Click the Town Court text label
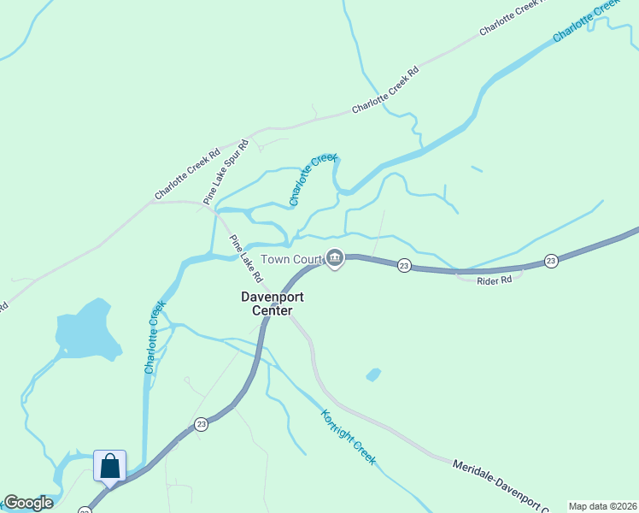[x=291, y=259]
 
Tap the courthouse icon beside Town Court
[x=335, y=259]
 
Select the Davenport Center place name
[x=272, y=304]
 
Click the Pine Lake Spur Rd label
[x=226, y=170]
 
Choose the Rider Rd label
[x=495, y=280]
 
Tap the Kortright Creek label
[x=348, y=437]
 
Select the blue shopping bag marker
[x=110, y=466]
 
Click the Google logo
[x=28, y=503]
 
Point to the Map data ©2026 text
[x=601, y=506]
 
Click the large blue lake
[x=86, y=331]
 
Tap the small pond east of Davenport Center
[x=373, y=374]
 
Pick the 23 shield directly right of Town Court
[x=404, y=267]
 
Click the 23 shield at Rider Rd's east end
[x=552, y=261]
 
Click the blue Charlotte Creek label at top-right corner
[x=586, y=21]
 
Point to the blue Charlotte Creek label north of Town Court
[x=314, y=180]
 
